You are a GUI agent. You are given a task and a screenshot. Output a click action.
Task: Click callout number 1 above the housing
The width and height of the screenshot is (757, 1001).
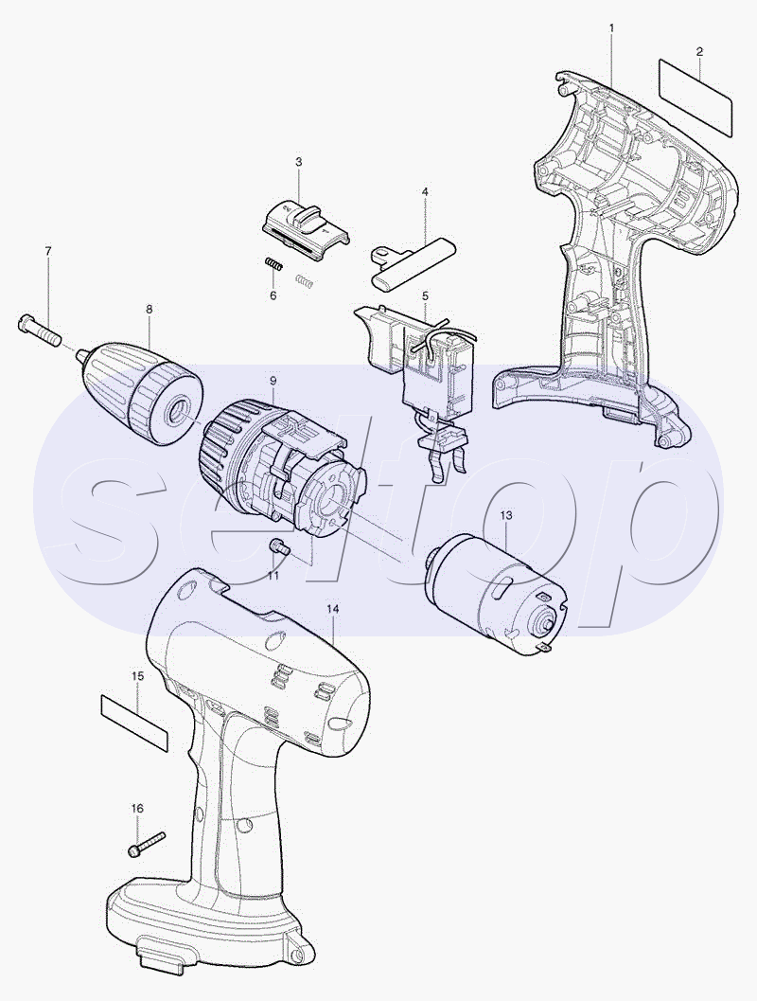click(x=611, y=28)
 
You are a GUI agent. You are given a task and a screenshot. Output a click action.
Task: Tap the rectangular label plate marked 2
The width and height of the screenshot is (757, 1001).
click(x=695, y=98)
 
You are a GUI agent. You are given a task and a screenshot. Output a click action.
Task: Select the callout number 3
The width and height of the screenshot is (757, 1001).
click(x=298, y=162)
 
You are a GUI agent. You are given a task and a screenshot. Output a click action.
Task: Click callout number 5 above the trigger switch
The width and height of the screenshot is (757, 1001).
click(x=425, y=296)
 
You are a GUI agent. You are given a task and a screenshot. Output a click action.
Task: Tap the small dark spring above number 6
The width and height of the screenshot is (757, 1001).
click(x=274, y=263)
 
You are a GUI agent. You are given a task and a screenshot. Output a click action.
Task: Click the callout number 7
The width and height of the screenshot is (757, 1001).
click(x=48, y=251)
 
